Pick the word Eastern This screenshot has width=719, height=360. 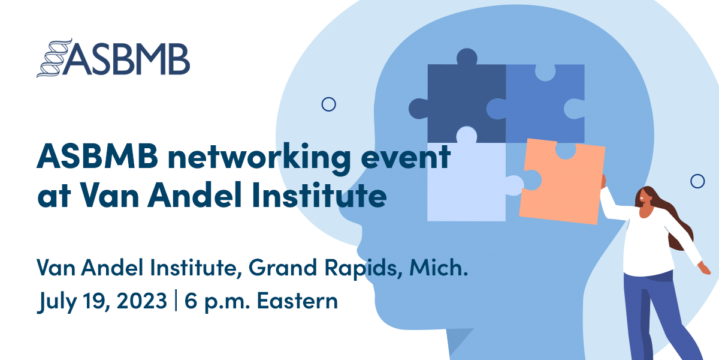(x=297, y=299)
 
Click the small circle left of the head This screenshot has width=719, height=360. (x=328, y=104)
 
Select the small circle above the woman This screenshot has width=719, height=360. (x=697, y=181)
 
